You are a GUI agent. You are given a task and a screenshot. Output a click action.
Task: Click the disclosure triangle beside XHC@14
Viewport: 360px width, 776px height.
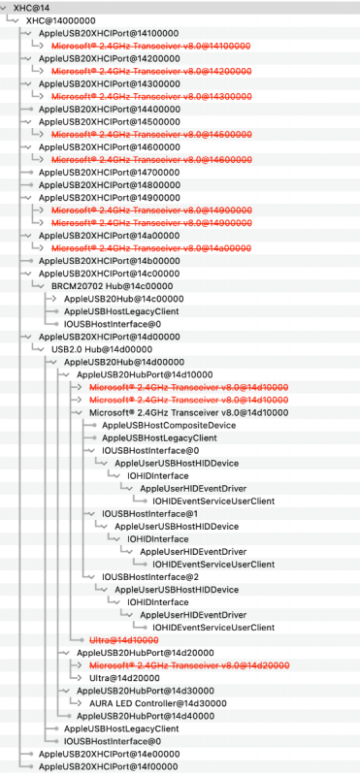(6, 7)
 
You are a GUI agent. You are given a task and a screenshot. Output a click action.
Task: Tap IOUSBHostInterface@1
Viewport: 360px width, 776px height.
(149, 513)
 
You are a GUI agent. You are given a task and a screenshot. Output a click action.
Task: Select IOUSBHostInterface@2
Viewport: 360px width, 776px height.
(149, 576)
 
